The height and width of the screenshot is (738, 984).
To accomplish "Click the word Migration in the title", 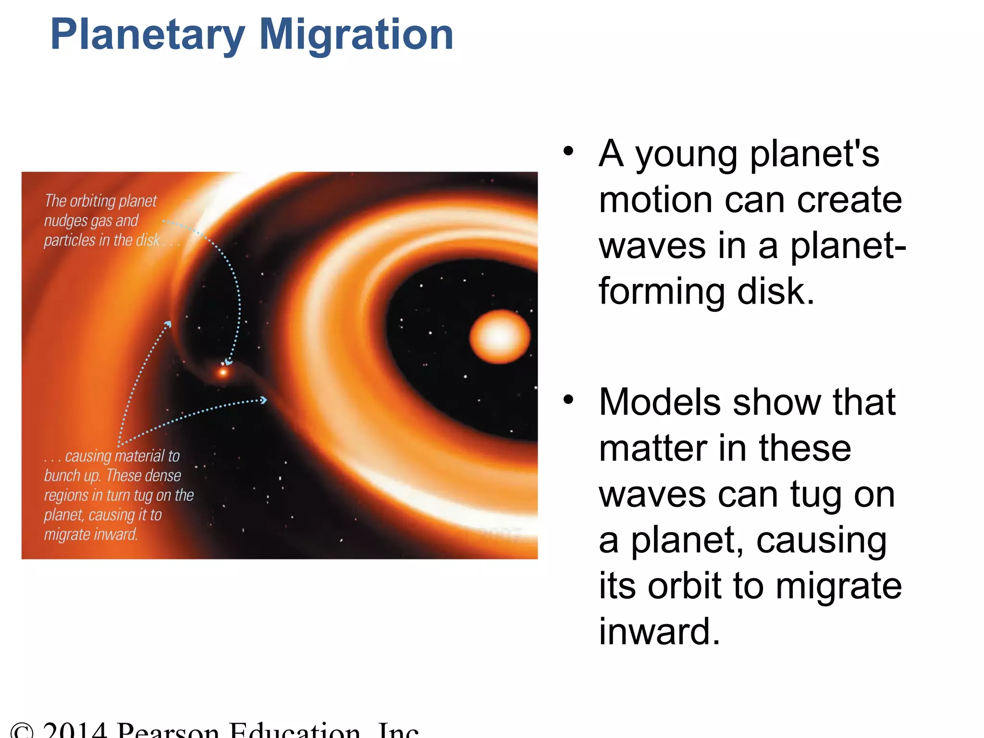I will point(356,35).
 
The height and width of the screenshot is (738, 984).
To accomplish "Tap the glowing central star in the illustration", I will point(500,336).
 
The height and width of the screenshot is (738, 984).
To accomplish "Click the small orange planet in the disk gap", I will point(223,372).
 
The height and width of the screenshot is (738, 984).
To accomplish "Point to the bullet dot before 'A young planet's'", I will point(568,151).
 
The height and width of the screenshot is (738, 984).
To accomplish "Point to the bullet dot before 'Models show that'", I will point(568,400).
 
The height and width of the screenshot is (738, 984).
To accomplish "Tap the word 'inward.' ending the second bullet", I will point(659,631).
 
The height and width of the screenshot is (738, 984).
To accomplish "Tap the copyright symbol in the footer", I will point(22,731).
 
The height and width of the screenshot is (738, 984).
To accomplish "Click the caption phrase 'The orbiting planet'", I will point(101,201).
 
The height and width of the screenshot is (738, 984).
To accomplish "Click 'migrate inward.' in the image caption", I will point(91,534).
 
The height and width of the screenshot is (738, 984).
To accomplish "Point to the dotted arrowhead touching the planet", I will point(228,361).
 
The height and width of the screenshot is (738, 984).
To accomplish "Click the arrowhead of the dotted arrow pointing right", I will point(263,400).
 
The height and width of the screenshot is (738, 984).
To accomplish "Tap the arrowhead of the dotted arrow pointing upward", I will point(168,324).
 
